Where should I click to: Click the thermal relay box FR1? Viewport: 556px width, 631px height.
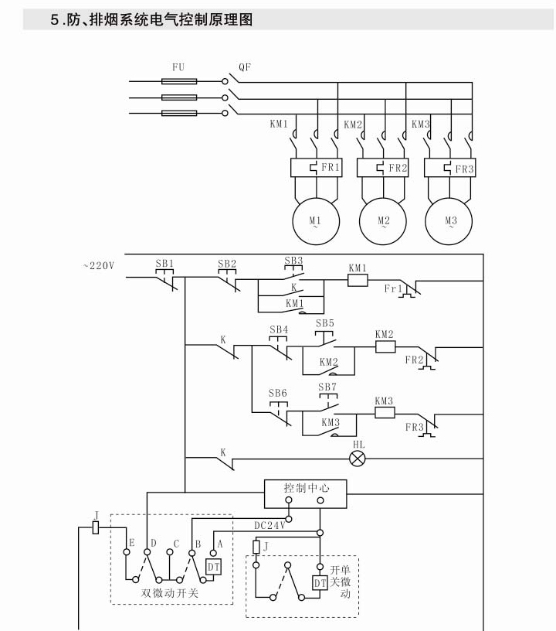[315, 168]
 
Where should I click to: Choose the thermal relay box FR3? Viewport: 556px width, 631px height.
[451, 168]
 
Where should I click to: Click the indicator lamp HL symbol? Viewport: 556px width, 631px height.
[358, 458]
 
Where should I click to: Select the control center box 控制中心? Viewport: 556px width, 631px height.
[306, 489]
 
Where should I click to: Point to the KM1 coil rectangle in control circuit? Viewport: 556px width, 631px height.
[357, 281]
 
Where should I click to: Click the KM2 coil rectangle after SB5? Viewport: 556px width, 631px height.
[385, 347]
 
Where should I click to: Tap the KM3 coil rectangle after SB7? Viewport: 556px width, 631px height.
[384, 413]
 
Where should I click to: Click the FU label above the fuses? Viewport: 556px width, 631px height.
[178, 68]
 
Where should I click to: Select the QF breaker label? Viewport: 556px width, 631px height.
[244, 67]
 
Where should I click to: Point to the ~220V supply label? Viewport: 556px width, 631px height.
[98, 266]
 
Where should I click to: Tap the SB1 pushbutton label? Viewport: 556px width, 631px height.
[164, 263]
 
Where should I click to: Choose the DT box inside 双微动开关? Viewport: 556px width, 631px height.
[213, 568]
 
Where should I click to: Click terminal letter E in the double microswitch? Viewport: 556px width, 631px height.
[131, 544]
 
